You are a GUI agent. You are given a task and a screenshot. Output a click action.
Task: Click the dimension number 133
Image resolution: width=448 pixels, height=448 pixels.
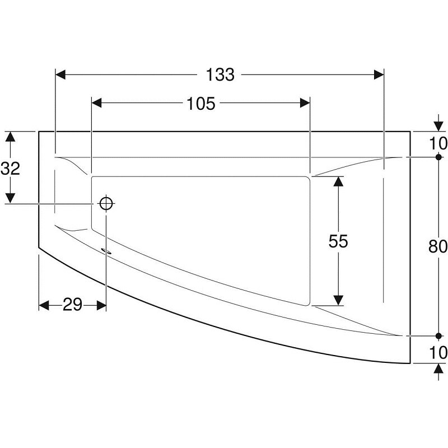click(220, 75)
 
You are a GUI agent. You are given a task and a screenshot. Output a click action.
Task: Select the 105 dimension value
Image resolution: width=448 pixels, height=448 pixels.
click(201, 104)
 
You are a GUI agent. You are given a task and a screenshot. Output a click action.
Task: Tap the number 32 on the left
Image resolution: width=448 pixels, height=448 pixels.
click(10, 169)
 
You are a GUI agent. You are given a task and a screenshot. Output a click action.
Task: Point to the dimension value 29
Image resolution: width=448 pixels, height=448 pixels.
click(73, 305)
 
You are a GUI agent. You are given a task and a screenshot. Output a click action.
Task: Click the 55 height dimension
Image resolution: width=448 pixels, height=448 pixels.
click(338, 241)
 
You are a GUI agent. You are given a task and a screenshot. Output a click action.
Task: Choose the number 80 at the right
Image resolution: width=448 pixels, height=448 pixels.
click(438, 246)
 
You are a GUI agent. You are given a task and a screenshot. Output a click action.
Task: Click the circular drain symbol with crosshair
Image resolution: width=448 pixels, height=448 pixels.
click(106, 204)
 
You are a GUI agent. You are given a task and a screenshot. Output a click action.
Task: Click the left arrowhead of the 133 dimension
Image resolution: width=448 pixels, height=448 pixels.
click(60, 75)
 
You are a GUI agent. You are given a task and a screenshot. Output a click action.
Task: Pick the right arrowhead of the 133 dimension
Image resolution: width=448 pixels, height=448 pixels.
click(379, 75)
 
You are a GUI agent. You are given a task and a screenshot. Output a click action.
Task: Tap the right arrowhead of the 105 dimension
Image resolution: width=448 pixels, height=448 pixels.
click(305, 103)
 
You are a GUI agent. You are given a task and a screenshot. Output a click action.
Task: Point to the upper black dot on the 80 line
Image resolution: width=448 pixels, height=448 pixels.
click(438, 157)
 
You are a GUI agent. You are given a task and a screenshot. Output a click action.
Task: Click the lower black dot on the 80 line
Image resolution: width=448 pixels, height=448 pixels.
click(438, 335)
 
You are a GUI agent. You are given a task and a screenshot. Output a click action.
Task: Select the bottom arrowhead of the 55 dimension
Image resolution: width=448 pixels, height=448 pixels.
click(338, 300)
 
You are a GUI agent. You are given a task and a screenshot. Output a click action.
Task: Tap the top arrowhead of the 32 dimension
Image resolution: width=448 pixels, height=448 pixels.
click(10, 137)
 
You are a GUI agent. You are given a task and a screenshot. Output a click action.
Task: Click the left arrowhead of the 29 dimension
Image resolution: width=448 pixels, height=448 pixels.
click(44, 305)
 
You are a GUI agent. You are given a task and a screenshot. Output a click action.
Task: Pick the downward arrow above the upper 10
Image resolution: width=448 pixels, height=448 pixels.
click(438, 123)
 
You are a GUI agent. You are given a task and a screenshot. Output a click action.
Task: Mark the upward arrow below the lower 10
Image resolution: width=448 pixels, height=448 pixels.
click(438, 372)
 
